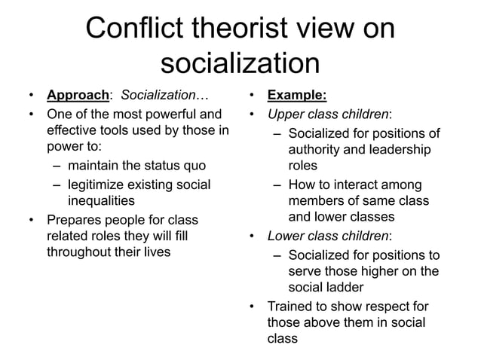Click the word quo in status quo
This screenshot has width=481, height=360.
(192, 166)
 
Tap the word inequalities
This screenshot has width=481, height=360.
(102, 201)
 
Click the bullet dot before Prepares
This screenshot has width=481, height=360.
(31, 220)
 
